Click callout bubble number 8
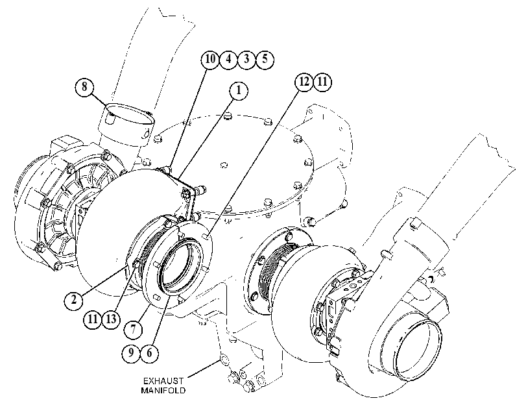[x=84, y=86]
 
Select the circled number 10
[x=210, y=60]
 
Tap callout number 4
[x=228, y=60]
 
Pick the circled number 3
[x=246, y=60]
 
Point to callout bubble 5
[x=265, y=60]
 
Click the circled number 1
[x=239, y=91]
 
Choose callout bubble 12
[x=304, y=82]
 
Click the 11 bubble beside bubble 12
[x=322, y=82]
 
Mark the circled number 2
[x=73, y=299]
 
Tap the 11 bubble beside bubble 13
[x=93, y=319]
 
